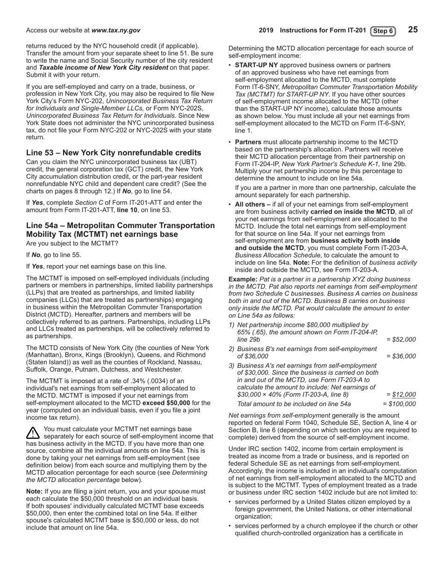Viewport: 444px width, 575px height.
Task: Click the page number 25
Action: (x=413, y=30)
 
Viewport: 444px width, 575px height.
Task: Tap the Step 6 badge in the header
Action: (x=383, y=31)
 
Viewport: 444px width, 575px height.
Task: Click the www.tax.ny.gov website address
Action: (x=115, y=30)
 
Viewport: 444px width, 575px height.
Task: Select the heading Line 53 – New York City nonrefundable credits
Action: (x=114, y=153)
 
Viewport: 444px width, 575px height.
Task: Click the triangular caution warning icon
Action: (x=33, y=433)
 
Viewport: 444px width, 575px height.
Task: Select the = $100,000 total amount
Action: (x=399, y=404)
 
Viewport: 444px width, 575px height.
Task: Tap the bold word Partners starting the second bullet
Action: (x=248, y=142)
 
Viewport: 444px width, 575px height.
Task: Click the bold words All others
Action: (x=252, y=204)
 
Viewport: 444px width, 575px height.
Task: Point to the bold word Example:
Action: (x=243, y=279)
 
